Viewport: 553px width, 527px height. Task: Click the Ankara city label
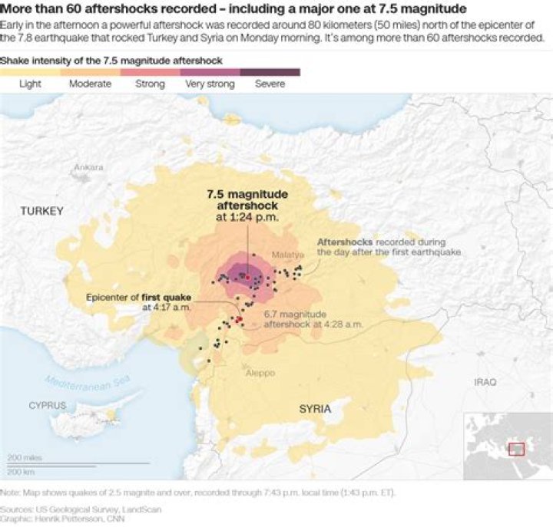[88, 166]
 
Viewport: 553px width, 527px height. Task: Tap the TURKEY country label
[42, 210]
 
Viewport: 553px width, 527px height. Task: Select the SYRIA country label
[315, 409]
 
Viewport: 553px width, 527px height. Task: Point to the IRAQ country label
[485, 381]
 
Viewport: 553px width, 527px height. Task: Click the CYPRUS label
[48, 404]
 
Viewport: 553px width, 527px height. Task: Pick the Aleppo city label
[260, 373]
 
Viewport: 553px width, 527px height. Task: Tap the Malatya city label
[284, 254]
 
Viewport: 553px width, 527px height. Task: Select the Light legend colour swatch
[30, 72]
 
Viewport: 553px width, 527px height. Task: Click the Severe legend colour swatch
[270, 72]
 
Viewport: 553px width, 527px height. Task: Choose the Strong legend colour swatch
[150, 72]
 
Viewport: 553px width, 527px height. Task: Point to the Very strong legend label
[210, 84]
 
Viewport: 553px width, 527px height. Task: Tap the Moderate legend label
[90, 84]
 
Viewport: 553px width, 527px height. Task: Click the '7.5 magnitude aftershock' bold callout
[247, 200]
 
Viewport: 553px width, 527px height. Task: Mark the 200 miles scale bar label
[25, 457]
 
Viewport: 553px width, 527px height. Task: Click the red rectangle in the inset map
[517, 447]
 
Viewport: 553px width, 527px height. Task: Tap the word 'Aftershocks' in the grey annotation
[345, 242]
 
